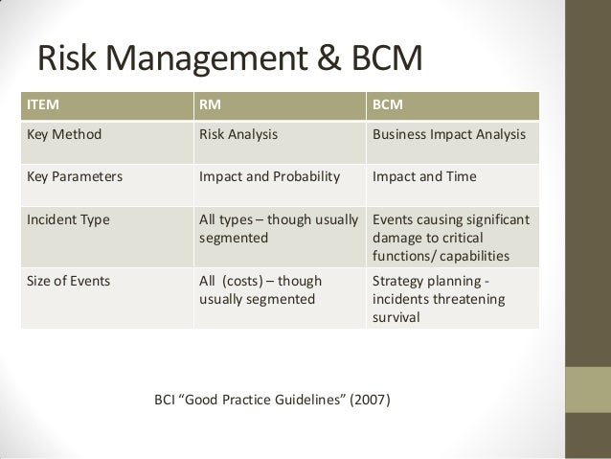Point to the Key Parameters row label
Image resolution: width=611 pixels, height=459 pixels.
click(x=70, y=176)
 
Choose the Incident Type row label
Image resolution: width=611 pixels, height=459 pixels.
click(x=67, y=218)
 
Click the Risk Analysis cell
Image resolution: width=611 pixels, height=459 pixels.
click(x=238, y=135)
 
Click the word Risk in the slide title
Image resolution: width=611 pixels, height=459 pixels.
click(x=70, y=57)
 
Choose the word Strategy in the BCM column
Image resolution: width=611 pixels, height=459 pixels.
click(x=397, y=281)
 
